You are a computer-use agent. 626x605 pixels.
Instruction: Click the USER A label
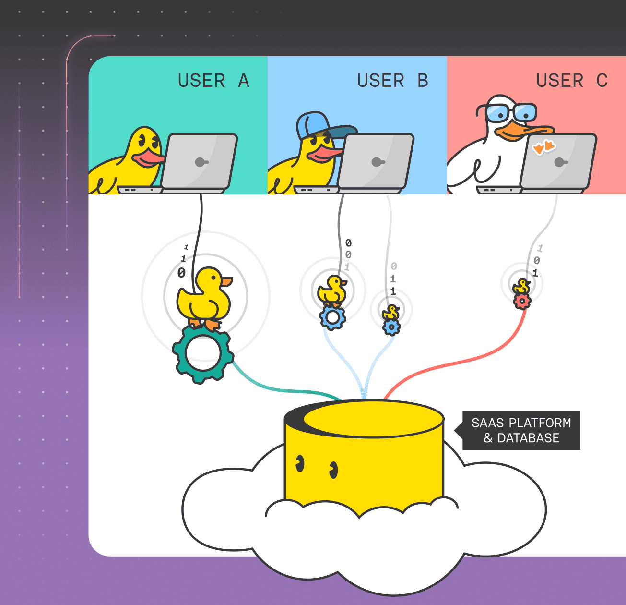point(213,81)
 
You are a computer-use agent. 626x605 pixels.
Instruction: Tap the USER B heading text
point(392,81)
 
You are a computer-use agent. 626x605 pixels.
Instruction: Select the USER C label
point(572,81)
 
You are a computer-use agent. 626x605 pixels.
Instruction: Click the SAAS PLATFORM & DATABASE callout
point(521,430)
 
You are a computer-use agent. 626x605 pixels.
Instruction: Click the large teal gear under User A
point(203,353)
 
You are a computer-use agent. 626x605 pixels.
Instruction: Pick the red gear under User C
point(522,301)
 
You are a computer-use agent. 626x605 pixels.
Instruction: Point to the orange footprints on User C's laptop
point(544,146)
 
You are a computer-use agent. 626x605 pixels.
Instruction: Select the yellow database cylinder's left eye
point(300,463)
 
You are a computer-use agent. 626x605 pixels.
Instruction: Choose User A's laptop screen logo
point(201,162)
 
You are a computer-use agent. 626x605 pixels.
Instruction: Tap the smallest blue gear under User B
point(391,327)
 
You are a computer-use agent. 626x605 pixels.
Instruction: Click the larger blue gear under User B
point(332,317)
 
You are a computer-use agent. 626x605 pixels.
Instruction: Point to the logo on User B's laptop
point(377,162)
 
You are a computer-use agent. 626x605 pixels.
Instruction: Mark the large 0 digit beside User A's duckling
point(181,273)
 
